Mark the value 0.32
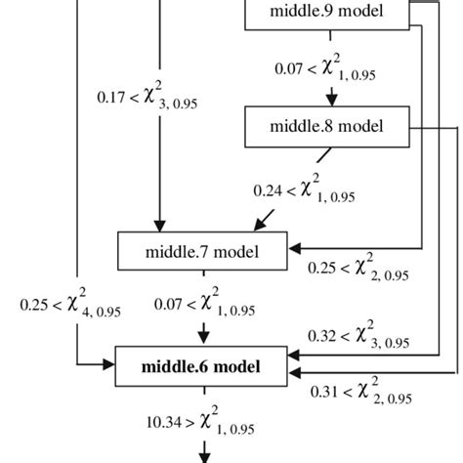click(324, 334)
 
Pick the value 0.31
click(324, 393)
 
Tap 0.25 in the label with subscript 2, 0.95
click(324, 267)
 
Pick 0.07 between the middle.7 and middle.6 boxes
click(170, 305)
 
